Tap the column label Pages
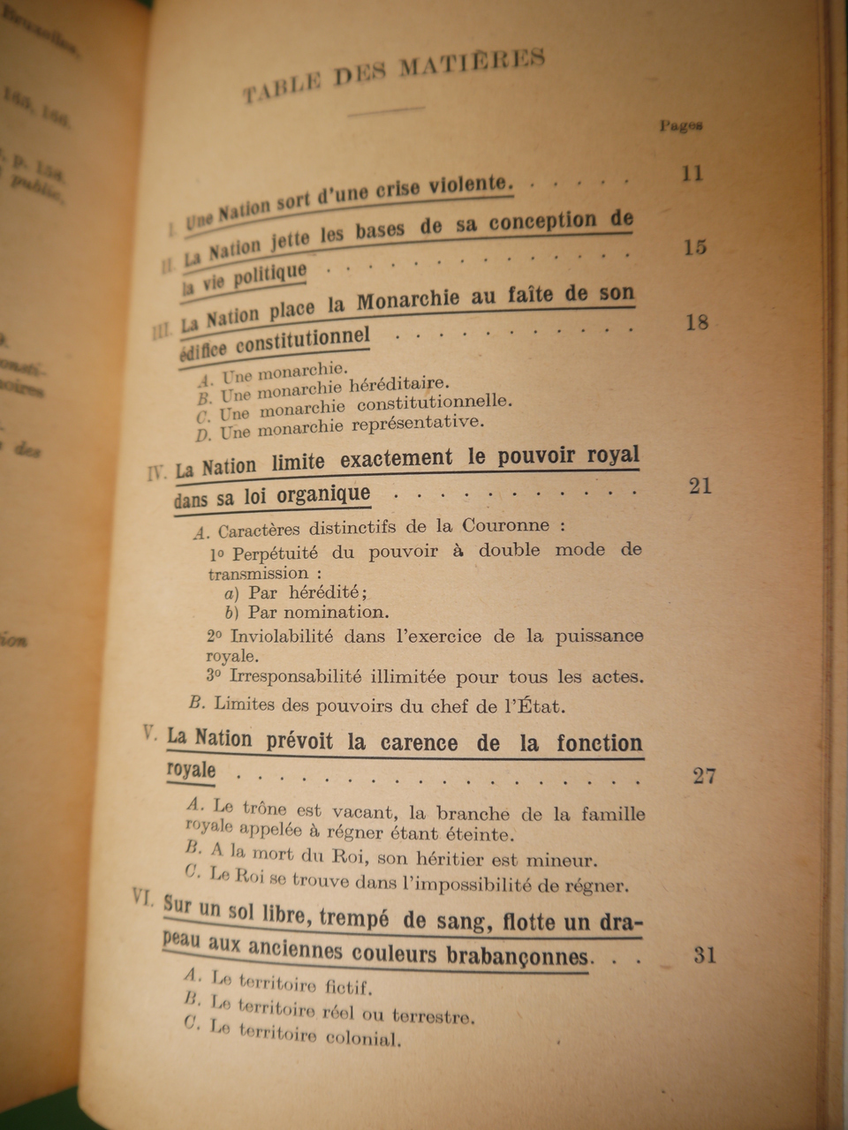[681, 125]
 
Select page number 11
[692, 173]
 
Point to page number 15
[695, 246]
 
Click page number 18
[697, 322]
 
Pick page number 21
[700, 486]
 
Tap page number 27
[704, 776]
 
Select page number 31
[704, 955]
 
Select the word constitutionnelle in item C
[434, 403]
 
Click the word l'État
[534, 706]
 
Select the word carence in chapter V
[420, 742]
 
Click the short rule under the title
[387, 110]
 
